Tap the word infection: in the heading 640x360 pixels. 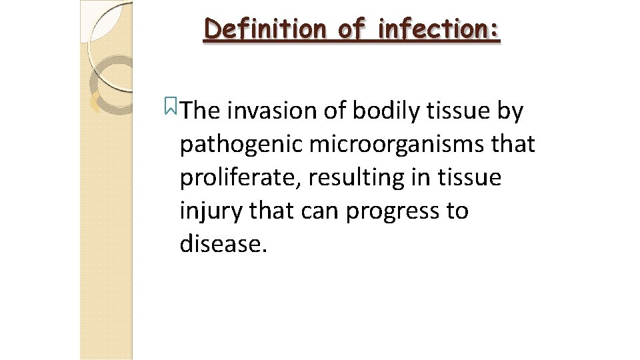coord(438,29)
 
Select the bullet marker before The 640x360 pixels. coord(171,105)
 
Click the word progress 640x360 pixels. coord(387,211)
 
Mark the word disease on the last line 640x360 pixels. coord(220,244)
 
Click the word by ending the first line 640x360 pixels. coord(511,111)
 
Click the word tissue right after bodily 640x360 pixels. coord(454,111)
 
